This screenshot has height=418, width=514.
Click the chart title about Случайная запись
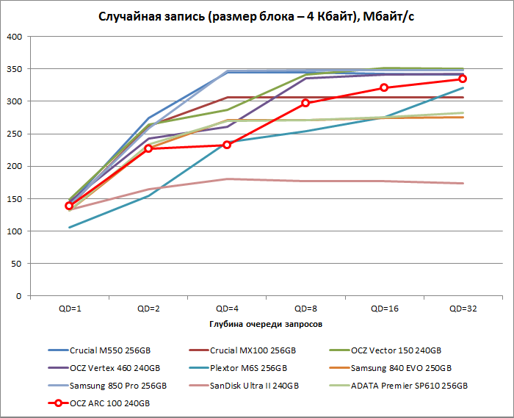tap(256, 16)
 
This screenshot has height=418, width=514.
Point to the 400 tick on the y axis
tap(15, 36)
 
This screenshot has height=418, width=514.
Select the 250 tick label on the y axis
tap(15, 134)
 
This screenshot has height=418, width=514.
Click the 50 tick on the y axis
tap(17, 264)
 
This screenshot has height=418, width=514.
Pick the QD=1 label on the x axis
tap(70, 309)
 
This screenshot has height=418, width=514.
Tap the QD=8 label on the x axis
tap(305, 309)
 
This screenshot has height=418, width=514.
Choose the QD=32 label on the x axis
tap(463, 309)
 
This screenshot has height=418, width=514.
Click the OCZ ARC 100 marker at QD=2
tap(148, 148)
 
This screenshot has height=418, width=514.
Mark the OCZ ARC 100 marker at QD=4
tap(227, 145)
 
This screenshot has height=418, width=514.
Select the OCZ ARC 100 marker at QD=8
tap(305, 103)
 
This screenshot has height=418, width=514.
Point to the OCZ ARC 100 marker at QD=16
tap(384, 87)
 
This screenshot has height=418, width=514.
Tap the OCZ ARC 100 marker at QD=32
tap(463, 79)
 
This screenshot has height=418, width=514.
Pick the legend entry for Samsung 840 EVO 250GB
tap(400, 368)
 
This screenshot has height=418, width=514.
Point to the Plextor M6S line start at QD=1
tap(70, 227)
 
